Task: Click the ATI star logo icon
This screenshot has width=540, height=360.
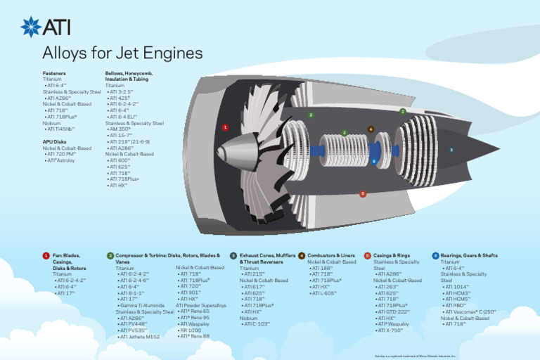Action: tap(31, 27)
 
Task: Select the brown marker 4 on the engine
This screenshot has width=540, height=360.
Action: tap(371, 129)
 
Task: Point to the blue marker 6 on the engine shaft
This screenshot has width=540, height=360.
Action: tap(374, 162)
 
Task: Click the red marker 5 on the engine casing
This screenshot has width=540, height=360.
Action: tap(363, 194)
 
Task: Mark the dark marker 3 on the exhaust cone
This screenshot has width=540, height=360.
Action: tap(451, 150)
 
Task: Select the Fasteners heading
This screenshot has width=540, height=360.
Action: tap(55, 73)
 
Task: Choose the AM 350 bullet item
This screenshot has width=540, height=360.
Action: tap(120, 129)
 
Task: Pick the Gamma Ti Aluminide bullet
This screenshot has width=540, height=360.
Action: tap(141, 305)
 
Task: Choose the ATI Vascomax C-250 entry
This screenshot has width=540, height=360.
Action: tap(470, 311)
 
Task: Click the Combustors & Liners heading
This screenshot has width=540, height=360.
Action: tap(331, 255)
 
